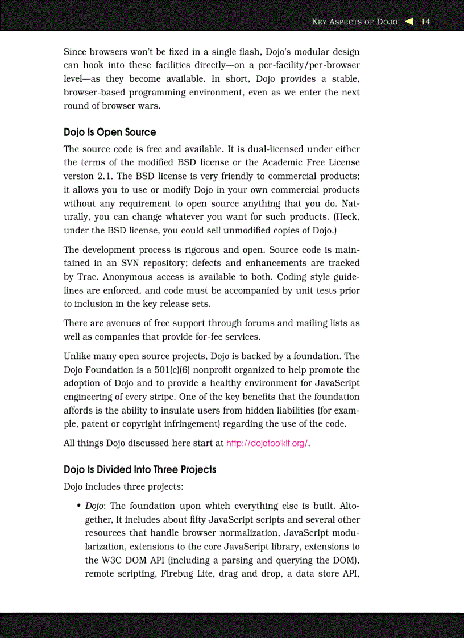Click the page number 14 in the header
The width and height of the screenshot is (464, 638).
coord(425,22)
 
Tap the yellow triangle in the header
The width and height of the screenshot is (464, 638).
coord(409,22)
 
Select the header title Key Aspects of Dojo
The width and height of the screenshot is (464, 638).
coord(355,22)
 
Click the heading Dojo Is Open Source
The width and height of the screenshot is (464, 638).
coord(110,132)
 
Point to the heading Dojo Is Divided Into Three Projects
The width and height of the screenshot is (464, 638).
coord(140,469)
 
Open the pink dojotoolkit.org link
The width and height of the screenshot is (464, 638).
coord(267,444)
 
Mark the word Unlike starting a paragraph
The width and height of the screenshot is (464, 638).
coord(77,356)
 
